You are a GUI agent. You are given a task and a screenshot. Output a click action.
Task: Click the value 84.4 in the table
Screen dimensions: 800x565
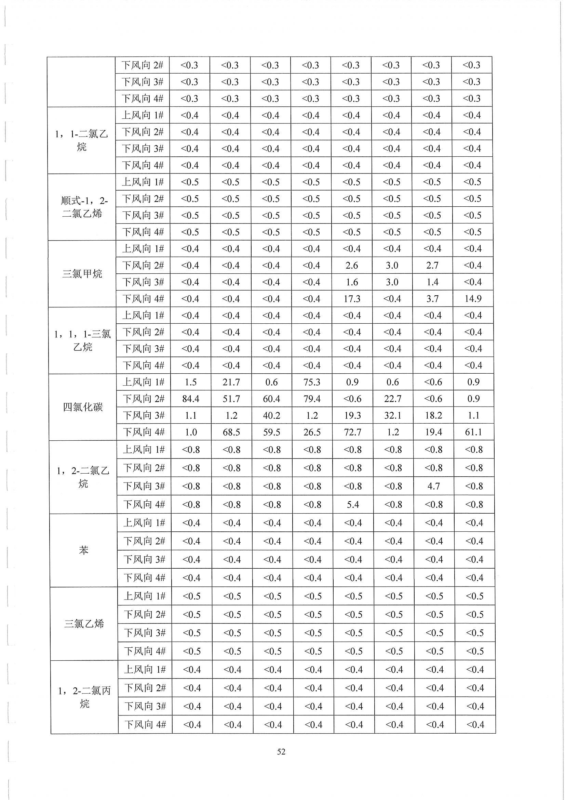click(191, 399)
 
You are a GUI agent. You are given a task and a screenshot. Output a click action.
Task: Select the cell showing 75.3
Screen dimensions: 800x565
click(312, 382)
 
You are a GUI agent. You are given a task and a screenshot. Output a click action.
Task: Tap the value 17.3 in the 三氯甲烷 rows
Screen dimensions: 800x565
click(352, 299)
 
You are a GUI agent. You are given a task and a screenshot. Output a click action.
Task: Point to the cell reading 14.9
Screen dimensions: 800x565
click(473, 299)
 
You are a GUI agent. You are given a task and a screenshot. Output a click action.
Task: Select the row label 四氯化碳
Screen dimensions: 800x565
click(83, 407)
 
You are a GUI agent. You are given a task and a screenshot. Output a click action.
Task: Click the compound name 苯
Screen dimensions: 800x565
click(83, 550)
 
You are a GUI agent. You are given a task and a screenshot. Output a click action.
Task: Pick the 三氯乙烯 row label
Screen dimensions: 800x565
click(84, 623)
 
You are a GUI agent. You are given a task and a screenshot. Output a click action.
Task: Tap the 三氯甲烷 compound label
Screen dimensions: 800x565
click(82, 273)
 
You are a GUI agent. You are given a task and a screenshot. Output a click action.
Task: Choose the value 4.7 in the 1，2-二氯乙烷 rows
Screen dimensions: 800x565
click(433, 486)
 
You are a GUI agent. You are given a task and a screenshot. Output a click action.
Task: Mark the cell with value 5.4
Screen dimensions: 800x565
click(353, 504)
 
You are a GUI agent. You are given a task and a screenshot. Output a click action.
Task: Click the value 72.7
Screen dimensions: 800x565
click(352, 433)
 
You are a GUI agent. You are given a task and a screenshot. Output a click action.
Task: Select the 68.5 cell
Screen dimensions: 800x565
click(231, 433)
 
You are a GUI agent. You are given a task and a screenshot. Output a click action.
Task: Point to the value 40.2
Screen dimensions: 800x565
click(271, 415)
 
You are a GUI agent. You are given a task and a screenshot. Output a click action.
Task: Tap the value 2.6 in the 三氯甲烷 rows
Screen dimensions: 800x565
click(352, 266)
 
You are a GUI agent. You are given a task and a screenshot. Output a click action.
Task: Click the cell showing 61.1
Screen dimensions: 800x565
click(473, 433)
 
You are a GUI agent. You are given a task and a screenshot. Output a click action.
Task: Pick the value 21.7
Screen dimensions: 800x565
click(231, 382)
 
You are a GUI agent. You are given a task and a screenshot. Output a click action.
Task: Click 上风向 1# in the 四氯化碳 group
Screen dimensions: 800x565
click(144, 382)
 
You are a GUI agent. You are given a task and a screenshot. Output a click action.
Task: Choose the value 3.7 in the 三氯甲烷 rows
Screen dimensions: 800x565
click(432, 299)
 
